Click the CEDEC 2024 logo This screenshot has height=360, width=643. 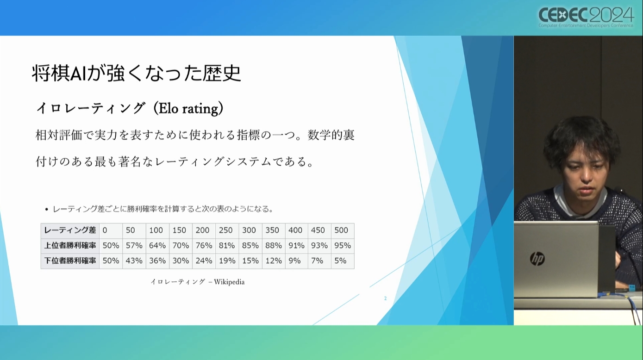[586, 17]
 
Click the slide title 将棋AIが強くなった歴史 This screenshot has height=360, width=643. [137, 73]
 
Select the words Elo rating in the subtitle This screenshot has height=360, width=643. [188, 108]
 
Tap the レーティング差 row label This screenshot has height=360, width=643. [70, 230]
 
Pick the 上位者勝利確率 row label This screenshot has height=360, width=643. [70, 246]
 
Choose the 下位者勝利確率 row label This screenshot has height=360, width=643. [70, 261]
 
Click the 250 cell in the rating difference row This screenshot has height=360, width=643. [225, 230]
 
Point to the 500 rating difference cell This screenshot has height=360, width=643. [341, 230]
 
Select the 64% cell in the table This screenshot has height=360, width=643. [157, 246]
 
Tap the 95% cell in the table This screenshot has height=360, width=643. [343, 246]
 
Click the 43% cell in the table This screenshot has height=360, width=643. [134, 261]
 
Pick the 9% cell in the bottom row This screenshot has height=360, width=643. [294, 261]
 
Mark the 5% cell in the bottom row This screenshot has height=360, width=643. [340, 261]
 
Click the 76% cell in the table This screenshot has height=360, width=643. [204, 246]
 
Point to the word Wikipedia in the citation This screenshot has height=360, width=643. [229, 282]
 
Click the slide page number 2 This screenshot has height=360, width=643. [385, 298]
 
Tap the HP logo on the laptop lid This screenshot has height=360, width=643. [537, 259]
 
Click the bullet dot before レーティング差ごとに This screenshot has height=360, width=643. [47, 210]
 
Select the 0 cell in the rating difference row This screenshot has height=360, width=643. [105, 230]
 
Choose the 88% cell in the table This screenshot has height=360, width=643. [273, 246]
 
